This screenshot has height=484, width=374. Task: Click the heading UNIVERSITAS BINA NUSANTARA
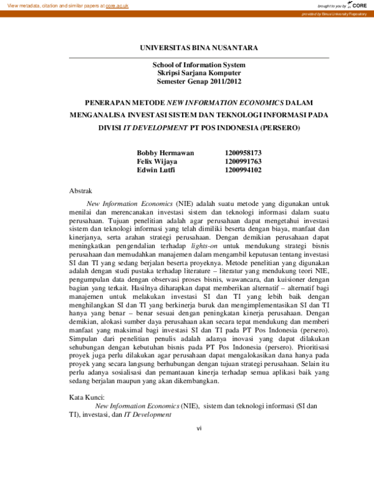coord(198,47)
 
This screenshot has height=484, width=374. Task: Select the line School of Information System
coord(199,65)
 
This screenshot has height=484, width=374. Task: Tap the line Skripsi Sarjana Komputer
coord(199,73)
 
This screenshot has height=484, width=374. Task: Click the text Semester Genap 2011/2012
coord(199,81)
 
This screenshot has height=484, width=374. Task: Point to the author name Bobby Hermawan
coord(165,153)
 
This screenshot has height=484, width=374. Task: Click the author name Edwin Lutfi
coord(156,169)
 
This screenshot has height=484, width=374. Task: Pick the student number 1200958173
coord(243,153)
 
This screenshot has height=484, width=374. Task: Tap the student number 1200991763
coord(243,161)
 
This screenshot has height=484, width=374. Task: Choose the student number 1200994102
coord(243,169)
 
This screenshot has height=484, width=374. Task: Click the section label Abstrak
coord(80,190)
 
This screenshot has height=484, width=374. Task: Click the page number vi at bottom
coord(199,428)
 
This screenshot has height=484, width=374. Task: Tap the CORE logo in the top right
coord(358,5)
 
